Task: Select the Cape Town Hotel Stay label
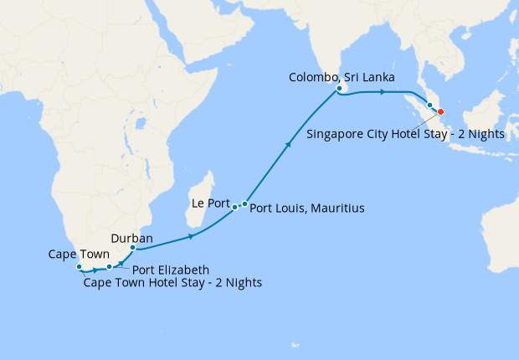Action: (x=172, y=283)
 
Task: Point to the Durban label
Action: (x=131, y=238)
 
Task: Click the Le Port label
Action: (x=208, y=203)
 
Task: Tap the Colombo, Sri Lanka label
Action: (x=342, y=77)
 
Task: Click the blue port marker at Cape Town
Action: (x=80, y=268)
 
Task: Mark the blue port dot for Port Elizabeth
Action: (x=109, y=267)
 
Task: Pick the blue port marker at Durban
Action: (x=133, y=248)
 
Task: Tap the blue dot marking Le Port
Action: (x=235, y=206)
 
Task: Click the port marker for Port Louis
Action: (x=244, y=203)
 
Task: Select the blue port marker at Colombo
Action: (x=339, y=88)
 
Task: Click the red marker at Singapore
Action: (x=440, y=112)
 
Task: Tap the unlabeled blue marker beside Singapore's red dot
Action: (x=430, y=105)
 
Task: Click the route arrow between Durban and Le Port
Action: (x=192, y=237)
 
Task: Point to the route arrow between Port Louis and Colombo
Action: (x=289, y=145)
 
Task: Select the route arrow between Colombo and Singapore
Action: (x=383, y=91)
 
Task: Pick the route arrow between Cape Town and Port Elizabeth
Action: (x=94, y=270)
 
